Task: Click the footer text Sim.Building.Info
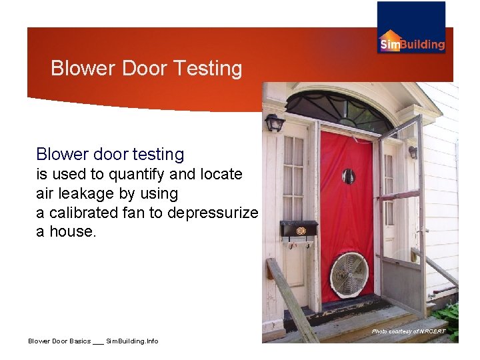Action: pyautogui.click(x=132, y=341)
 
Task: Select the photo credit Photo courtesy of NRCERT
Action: pyautogui.click(x=408, y=331)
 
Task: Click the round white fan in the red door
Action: pyautogui.click(x=350, y=274)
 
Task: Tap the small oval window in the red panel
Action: pyautogui.click(x=349, y=177)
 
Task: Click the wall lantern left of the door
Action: pyautogui.click(x=274, y=123)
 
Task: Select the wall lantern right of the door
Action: pyautogui.click(x=413, y=152)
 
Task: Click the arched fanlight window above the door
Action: pyautogui.click(x=339, y=108)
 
